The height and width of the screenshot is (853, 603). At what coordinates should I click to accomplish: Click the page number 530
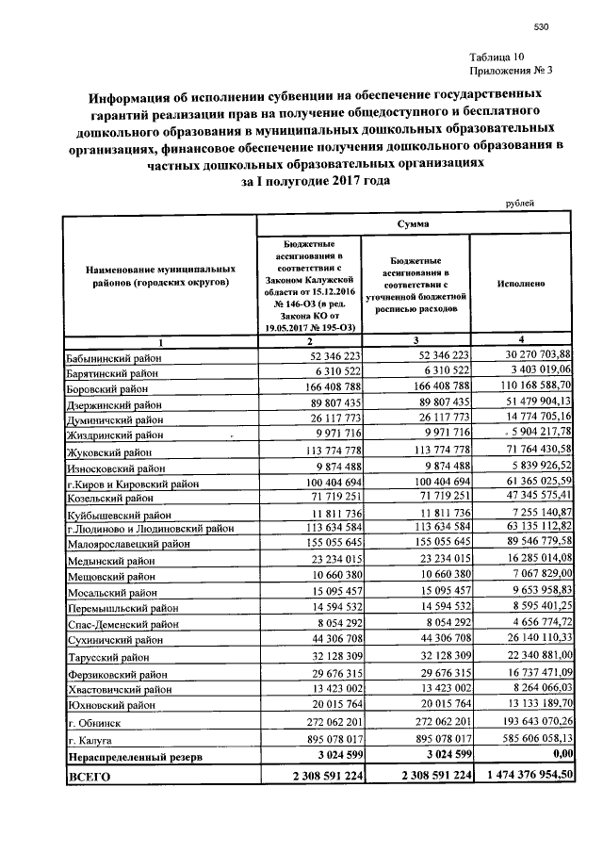pyautogui.click(x=540, y=26)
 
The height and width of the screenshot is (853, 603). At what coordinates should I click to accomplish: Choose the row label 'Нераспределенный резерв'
pyautogui.click(x=133, y=757)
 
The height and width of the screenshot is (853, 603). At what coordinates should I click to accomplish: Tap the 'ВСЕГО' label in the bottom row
pyautogui.click(x=90, y=776)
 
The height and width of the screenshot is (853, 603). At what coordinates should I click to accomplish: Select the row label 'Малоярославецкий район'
pyautogui.click(x=131, y=541)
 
